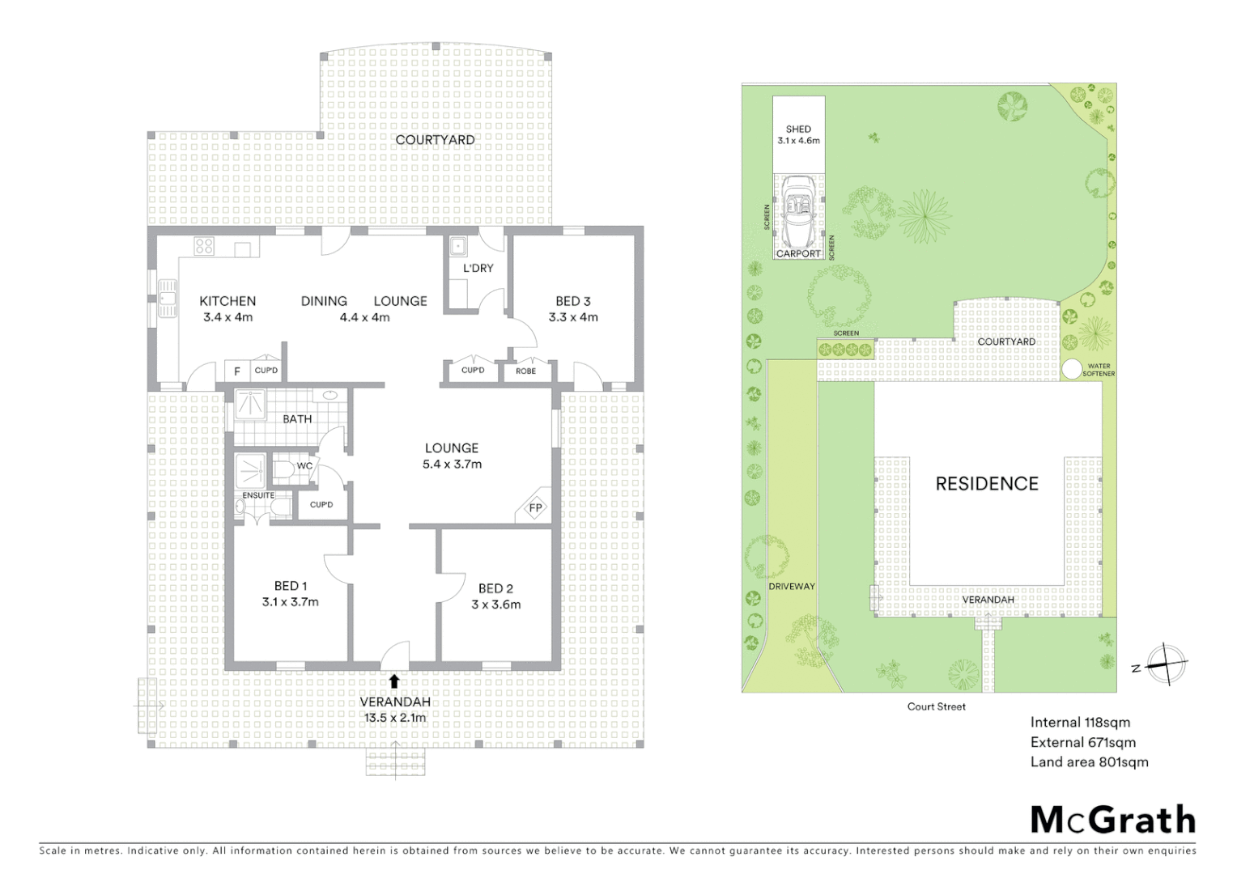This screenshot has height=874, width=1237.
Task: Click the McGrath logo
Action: (x=1112, y=820)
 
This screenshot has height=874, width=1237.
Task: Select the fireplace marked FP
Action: (x=535, y=508)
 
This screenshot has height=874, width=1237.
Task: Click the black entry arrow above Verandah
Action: (x=394, y=681)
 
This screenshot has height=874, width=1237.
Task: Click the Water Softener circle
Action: (x=1071, y=369)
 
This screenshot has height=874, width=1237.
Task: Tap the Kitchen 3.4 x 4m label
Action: (x=227, y=309)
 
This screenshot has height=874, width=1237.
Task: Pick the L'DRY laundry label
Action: (x=478, y=268)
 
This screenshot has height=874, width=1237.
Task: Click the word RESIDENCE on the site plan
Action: (x=986, y=484)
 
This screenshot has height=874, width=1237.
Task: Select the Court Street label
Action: (x=936, y=706)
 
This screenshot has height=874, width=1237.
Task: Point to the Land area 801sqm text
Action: (x=1089, y=762)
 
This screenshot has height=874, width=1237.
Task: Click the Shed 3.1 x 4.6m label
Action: (x=798, y=134)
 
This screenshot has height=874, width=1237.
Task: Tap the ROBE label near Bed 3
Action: (x=525, y=371)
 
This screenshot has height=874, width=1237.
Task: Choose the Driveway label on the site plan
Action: (x=791, y=586)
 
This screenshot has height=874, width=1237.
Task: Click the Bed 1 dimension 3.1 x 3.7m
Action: (x=290, y=602)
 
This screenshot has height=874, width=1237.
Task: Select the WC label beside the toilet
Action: (x=304, y=466)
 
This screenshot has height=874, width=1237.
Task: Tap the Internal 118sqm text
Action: (x=1080, y=723)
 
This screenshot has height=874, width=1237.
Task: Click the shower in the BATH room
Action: (x=250, y=403)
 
